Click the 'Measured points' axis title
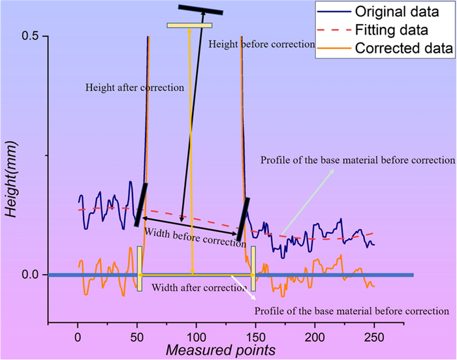[220, 351]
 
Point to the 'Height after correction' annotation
[134, 87]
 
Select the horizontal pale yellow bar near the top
[189, 25]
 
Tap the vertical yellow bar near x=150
[253, 268]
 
